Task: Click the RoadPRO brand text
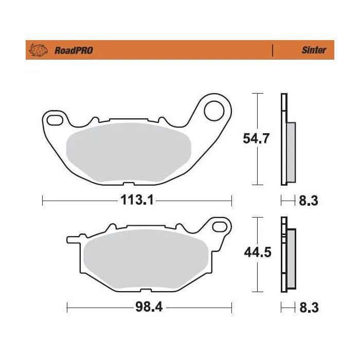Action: click(74, 50)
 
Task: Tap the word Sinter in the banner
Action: click(313, 50)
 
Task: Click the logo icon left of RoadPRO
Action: click(40, 50)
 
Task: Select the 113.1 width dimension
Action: click(137, 200)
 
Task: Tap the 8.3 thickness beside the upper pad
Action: click(309, 200)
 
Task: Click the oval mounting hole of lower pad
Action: click(220, 226)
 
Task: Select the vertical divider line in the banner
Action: click(272, 50)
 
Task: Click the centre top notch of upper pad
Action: click(129, 119)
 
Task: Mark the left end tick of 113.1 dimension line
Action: click(42, 200)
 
